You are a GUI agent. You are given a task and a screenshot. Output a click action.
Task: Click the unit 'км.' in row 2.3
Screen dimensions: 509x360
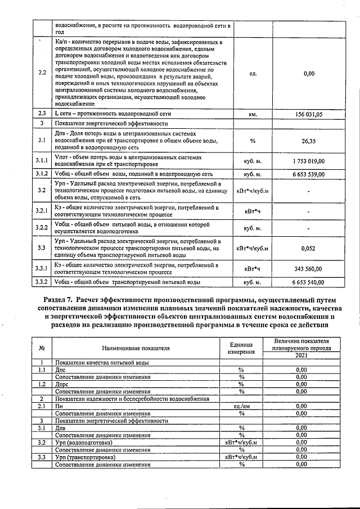(x=253, y=114)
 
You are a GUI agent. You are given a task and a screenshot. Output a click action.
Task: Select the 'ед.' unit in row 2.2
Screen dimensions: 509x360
(x=253, y=73)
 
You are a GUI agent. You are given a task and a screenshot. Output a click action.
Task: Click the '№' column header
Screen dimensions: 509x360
(x=42, y=348)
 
